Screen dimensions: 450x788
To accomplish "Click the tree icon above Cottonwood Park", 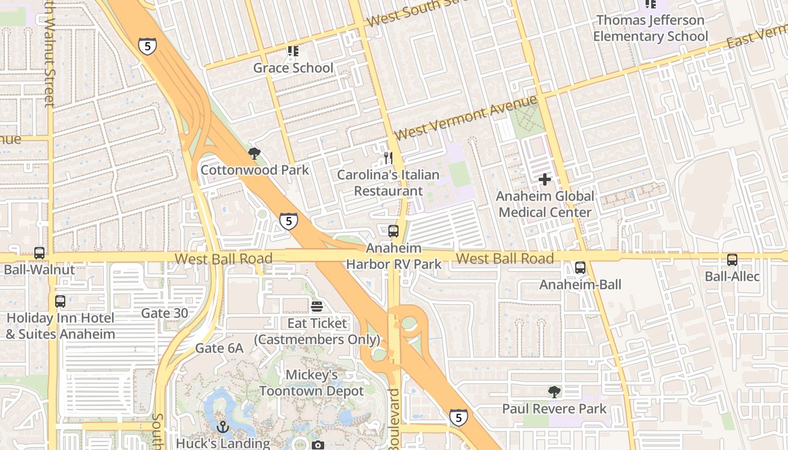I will coord(254,153).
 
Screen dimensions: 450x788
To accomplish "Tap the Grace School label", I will coord(293,68).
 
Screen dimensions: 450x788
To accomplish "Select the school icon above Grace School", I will coord(293,51).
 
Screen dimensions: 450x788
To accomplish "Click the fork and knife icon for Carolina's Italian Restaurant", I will coord(387,157).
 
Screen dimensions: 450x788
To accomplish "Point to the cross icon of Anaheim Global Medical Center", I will coord(545,179).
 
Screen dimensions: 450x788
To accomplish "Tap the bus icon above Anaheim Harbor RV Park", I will coord(393,231).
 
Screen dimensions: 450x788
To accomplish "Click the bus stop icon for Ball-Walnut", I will coord(39,253).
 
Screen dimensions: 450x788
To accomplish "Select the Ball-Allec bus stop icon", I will coord(732,260).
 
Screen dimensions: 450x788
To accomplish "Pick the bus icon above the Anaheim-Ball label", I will coord(580,268).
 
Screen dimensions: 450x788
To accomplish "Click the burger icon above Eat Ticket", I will coord(317,307).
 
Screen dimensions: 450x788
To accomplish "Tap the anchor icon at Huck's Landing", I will coord(223,427).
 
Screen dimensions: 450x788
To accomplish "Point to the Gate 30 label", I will coord(164,313).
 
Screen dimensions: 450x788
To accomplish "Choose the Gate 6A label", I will coord(219,349).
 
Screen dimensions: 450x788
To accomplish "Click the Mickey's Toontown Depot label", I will coord(311,382).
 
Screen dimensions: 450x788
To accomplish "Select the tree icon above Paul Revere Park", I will coord(554,392).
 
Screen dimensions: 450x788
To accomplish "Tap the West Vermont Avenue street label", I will coord(466,118).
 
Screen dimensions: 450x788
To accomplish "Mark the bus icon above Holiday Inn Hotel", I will coord(60,301).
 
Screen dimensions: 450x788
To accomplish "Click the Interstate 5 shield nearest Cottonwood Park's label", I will coord(288,221).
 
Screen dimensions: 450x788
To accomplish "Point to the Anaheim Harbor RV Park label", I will coord(393,256).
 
